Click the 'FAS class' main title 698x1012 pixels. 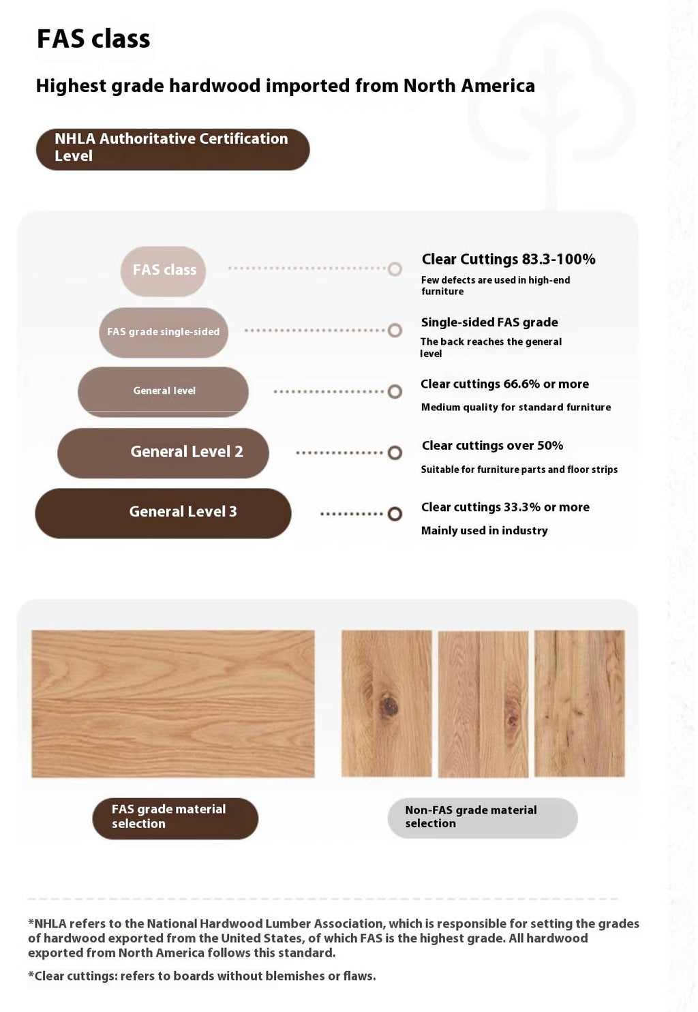pos(93,39)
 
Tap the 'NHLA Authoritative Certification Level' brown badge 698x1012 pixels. pos(172,149)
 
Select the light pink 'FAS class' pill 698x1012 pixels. pos(164,271)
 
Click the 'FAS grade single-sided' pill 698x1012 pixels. pos(164,332)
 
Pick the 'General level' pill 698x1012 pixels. pos(164,391)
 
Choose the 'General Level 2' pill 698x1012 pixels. pos(164,453)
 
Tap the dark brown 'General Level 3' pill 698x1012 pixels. pos(164,512)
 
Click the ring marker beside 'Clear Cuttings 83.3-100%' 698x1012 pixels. pos(395,269)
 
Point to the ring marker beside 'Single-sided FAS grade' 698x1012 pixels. pos(395,331)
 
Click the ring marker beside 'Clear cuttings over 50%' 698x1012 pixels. pos(395,453)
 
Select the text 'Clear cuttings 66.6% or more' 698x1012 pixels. pos(504,384)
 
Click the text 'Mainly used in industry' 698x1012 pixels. pos(484,531)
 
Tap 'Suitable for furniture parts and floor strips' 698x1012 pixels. pos(519,470)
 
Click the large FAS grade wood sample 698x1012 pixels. pos(173,703)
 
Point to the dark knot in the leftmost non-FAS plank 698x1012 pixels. pos(389,706)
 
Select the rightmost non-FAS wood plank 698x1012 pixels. pos(579,703)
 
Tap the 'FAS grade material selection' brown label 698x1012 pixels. pos(175,818)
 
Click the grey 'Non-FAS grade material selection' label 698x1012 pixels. pos(482,818)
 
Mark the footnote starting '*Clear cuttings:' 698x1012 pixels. pos(202,976)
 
